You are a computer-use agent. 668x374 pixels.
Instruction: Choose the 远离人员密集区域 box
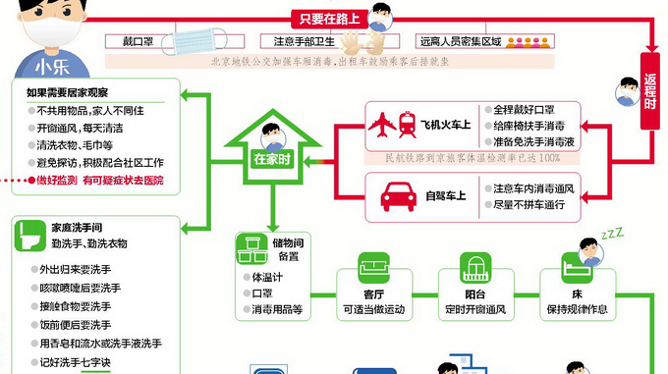coord(461,41)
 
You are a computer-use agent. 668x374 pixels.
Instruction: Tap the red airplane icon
coord(381,126)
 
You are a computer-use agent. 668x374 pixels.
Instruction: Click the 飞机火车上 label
coord(446,126)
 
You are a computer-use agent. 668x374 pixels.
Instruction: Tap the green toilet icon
coord(28,234)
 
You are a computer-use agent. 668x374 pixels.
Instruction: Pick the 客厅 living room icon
coord(374,267)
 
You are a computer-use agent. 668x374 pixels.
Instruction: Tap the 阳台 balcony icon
coord(475,267)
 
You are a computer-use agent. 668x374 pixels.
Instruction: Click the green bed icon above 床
coord(576,267)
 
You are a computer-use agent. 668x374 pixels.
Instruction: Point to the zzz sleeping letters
coord(612,234)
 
